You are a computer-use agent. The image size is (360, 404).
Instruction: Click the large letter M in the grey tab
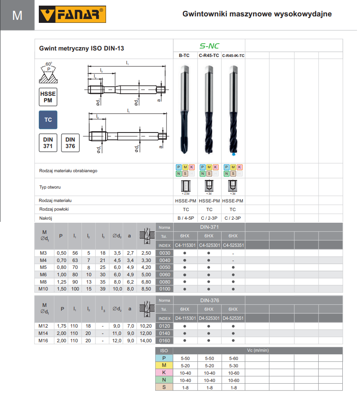click(17, 16)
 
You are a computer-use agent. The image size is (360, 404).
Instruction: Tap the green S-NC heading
click(209, 46)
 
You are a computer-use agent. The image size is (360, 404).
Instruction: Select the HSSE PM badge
click(48, 97)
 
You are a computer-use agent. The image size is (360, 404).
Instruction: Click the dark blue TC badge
click(48, 120)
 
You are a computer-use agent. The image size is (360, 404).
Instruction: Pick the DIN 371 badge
click(48, 143)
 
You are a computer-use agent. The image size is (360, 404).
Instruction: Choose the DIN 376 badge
click(70, 143)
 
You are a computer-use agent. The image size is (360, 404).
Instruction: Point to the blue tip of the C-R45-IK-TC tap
click(233, 154)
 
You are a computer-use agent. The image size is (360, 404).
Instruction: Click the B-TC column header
click(185, 56)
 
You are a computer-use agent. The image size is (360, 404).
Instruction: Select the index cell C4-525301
click(209, 245)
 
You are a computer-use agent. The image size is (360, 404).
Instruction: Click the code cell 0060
click(165, 274)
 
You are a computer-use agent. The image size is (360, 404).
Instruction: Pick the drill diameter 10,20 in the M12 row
click(146, 326)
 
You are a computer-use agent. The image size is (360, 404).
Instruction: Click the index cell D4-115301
click(185, 318)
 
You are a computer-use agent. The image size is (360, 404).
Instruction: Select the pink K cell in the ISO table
click(164, 372)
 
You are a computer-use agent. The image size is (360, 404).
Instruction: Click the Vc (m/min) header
click(257, 350)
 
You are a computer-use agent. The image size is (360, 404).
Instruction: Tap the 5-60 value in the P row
click(233, 358)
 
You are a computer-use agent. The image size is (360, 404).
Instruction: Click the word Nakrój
click(46, 218)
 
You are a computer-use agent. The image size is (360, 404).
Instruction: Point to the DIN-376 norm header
click(209, 300)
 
